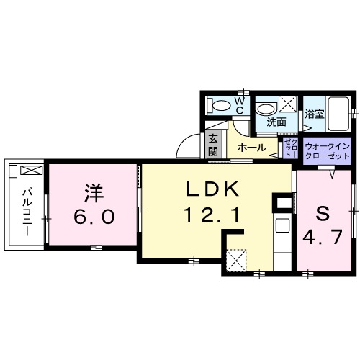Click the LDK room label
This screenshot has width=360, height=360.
[208, 189]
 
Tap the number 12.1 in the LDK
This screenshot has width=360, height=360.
[208, 214]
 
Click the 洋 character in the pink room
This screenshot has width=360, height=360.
[91, 192]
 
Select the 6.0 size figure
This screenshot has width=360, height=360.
[91, 217]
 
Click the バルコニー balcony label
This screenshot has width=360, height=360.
[24, 207]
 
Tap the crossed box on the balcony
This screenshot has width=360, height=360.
[32, 171]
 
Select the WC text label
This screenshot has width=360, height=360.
[240, 106]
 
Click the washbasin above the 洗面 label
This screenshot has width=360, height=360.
[267, 108]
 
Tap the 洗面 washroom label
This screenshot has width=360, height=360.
[276, 122]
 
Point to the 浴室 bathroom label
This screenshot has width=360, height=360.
[314, 114]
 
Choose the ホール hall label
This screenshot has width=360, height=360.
[251, 148]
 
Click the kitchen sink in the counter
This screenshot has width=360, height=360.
[282, 224]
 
